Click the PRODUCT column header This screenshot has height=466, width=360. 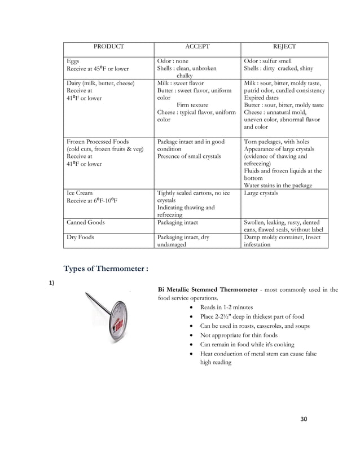108,47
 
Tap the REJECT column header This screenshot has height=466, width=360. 284,47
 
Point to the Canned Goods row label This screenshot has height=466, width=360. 85,222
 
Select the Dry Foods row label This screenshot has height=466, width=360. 80,238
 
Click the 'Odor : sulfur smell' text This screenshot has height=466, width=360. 267,61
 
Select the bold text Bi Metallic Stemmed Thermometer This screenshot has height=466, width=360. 209,290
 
